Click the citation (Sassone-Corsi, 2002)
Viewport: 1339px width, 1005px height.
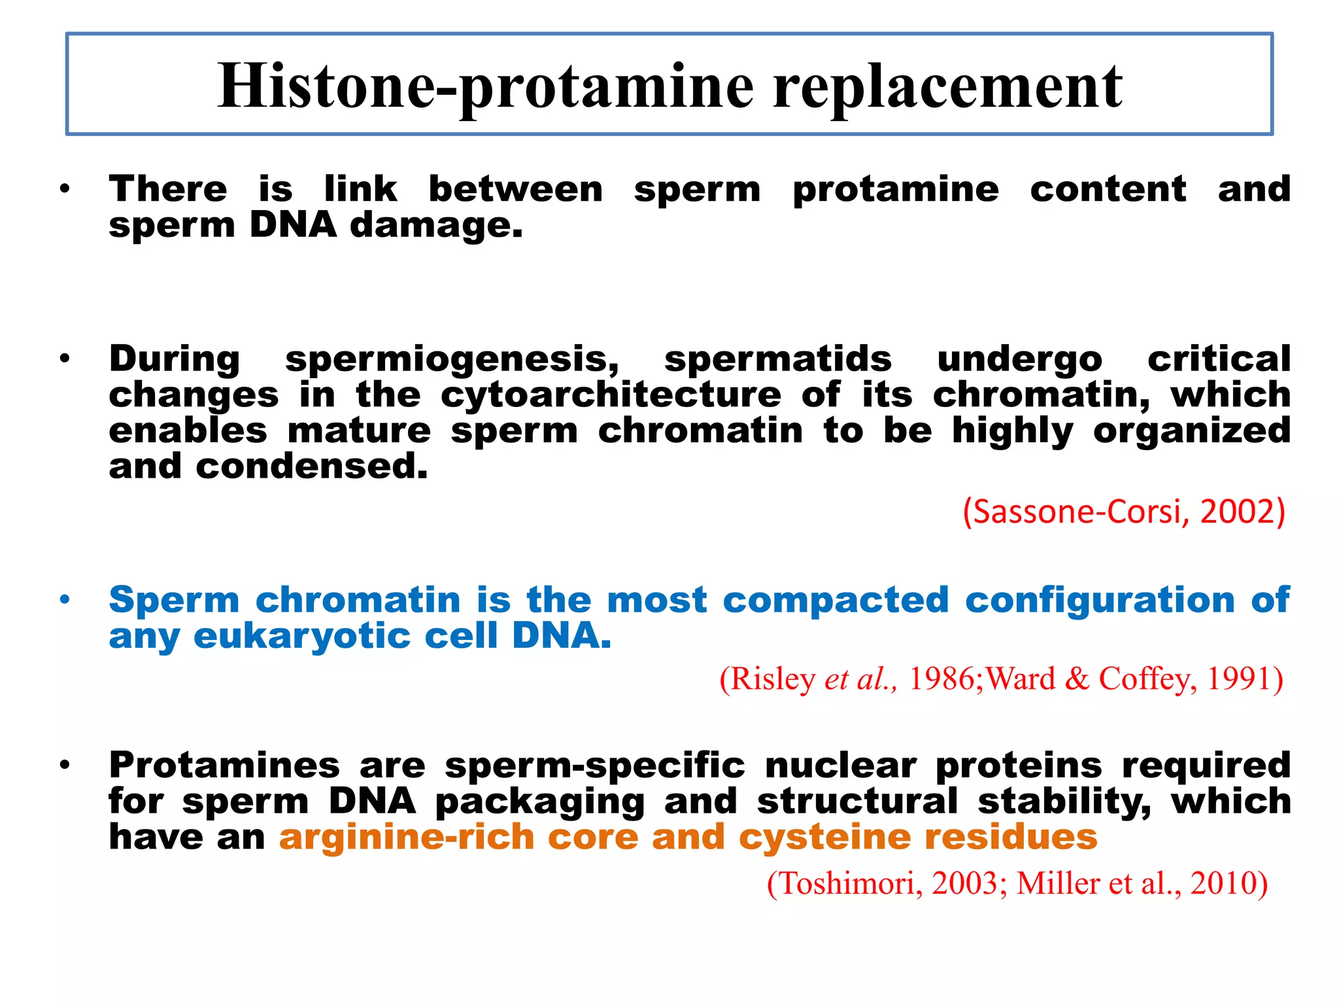(x=1124, y=511)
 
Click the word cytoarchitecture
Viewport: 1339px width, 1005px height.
(x=611, y=395)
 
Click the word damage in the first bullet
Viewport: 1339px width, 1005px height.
(x=436, y=226)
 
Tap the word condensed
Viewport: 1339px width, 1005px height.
(x=311, y=467)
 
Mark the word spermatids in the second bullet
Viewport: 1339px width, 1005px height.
(x=777, y=359)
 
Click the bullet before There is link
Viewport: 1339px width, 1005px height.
(x=64, y=190)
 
